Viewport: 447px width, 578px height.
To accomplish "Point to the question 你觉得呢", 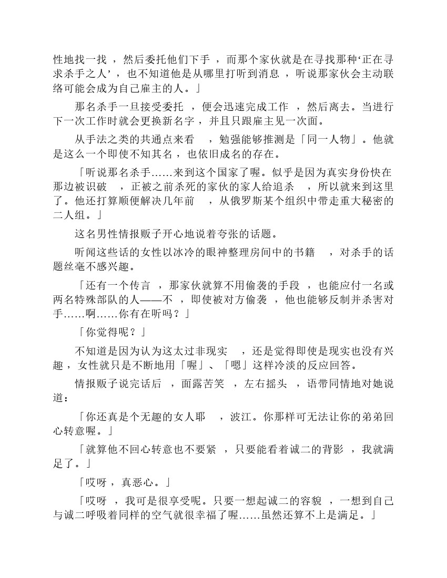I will (x=110, y=332).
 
